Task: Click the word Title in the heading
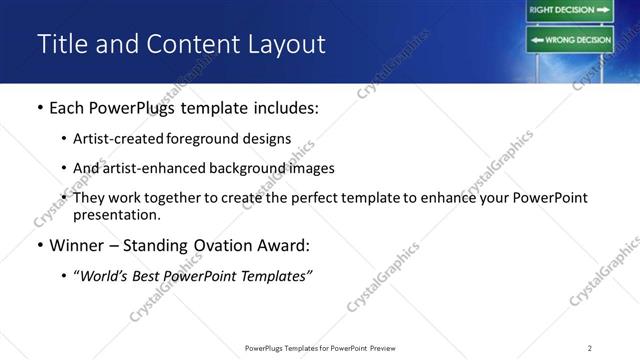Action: coord(61,44)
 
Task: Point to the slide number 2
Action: coord(589,347)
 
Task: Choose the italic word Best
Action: coord(147,276)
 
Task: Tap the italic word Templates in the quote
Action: coord(275,276)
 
